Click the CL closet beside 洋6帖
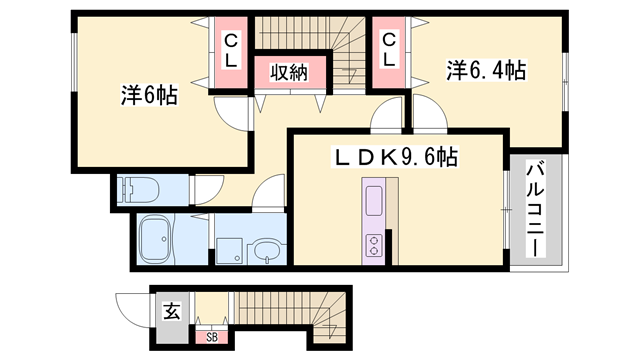tap(231, 50)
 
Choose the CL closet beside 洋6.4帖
tap(389, 50)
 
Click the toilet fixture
tap(133, 189)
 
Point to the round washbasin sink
tap(267, 250)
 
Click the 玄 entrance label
tap(171, 312)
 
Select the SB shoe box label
tap(212, 336)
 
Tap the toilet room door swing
tap(208, 188)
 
